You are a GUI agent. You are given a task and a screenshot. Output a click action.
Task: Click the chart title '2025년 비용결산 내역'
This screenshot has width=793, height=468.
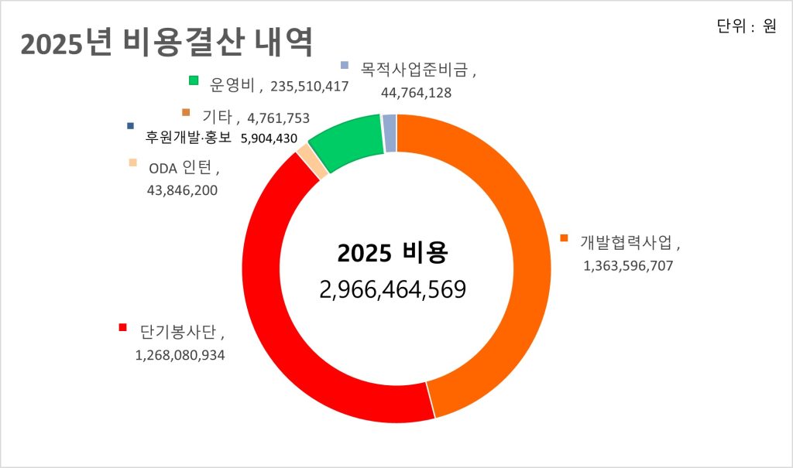(166, 43)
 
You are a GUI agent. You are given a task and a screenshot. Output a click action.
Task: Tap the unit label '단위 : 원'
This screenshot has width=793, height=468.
(747, 26)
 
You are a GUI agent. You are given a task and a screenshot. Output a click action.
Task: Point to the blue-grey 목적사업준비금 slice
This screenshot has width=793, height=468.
(390, 132)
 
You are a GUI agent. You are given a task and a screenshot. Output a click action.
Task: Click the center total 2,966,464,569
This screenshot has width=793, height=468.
(392, 289)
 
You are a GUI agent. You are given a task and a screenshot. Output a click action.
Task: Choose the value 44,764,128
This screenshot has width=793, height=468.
(416, 92)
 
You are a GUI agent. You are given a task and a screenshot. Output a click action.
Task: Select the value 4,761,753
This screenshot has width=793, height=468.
(278, 118)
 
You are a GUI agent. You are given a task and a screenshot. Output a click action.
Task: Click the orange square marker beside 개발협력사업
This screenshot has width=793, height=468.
(564, 237)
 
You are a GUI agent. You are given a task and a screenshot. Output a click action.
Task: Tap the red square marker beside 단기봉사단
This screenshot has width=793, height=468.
(122, 327)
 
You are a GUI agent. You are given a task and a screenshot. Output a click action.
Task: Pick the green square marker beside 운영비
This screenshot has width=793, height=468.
(194, 80)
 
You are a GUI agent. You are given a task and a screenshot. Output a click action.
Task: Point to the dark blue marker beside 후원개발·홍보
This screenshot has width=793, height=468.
(131, 125)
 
